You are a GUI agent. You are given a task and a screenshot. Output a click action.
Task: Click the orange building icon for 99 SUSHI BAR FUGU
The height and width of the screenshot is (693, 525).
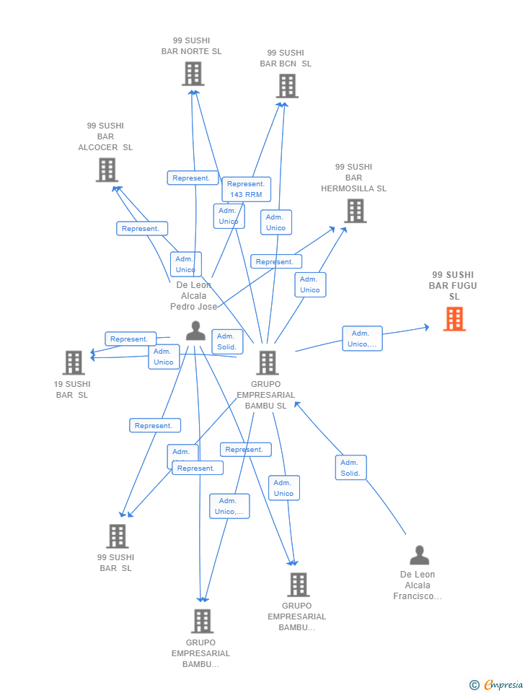point(454,319)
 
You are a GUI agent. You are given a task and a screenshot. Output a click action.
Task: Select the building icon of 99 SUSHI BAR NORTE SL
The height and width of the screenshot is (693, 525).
point(193,74)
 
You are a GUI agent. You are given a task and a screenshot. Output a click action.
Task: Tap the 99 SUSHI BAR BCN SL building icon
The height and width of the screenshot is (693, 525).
point(286,86)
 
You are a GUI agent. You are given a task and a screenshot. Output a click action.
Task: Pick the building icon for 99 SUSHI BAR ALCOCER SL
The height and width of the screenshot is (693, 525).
point(107,170)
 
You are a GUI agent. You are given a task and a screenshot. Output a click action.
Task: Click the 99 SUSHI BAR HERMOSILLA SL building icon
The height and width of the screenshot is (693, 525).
point(355,211)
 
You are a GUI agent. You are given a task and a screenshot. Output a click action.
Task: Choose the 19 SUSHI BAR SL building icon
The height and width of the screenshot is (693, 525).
point(74,362)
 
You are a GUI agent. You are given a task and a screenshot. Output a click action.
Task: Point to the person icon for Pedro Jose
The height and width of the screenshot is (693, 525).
point(195,331)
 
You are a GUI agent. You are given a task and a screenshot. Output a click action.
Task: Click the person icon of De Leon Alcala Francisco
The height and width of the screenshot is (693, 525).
point(419,555)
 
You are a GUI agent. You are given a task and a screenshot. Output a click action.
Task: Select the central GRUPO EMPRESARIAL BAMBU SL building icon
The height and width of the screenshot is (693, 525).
point(267,362)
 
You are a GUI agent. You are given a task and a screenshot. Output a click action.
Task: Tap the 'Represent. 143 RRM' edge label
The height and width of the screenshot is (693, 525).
point(247,189)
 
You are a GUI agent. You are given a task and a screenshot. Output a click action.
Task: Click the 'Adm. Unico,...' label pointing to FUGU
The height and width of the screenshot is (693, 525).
point(362,339)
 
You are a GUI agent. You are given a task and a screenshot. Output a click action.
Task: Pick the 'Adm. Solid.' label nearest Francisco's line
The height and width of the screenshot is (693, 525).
point(350,468)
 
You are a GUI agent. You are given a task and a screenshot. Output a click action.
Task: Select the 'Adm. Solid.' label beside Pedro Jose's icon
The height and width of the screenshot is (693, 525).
point(227,341)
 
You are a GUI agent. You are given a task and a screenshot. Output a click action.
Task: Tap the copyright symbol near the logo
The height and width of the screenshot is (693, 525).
point(474,684)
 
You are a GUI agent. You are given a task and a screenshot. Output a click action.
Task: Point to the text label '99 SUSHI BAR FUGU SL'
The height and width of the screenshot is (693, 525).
point(454,285)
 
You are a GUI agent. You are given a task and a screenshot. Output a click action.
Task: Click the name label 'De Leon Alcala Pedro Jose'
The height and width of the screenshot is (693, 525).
point(193,295)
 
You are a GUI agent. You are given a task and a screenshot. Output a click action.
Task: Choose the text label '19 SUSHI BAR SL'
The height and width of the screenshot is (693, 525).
point(72,389)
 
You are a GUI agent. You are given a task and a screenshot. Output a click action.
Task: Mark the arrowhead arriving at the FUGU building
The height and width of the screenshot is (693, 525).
point(427,327)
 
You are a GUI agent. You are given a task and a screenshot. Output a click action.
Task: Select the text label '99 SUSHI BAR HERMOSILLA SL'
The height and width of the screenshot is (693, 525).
point(353,178)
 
